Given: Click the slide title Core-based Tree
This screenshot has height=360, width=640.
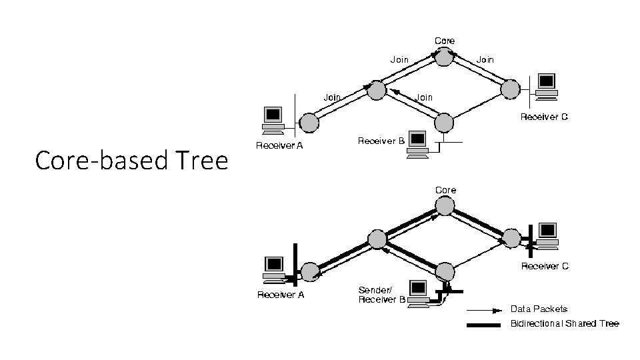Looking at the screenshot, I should click(131, 161).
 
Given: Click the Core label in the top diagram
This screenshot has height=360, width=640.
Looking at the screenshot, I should click(445, 41).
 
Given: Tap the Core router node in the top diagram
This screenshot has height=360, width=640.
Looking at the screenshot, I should click(445, 57).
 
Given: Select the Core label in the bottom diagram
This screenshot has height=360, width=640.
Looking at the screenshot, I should click(445, 190).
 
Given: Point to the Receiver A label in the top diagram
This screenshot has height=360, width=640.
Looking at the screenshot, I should click(280, 146).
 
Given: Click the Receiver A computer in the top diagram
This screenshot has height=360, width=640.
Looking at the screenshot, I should click(273, 119).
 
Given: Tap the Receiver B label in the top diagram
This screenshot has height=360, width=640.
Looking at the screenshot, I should click(381, 141).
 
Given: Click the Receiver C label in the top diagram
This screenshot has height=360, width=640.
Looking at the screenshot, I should click(544, 117).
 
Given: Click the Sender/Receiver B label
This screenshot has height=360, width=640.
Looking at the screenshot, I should click(382, 295).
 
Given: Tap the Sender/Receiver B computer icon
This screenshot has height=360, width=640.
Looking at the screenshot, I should click(418, 293).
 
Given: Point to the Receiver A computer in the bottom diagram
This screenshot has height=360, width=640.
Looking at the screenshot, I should click(273, 268).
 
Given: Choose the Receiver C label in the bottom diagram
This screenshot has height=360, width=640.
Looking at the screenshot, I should click(545, 266).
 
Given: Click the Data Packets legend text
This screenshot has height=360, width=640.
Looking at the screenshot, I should click(539, 309).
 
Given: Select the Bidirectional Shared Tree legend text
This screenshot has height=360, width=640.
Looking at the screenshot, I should click(564, 323).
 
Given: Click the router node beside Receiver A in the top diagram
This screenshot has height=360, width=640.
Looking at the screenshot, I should click(309, 122).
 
